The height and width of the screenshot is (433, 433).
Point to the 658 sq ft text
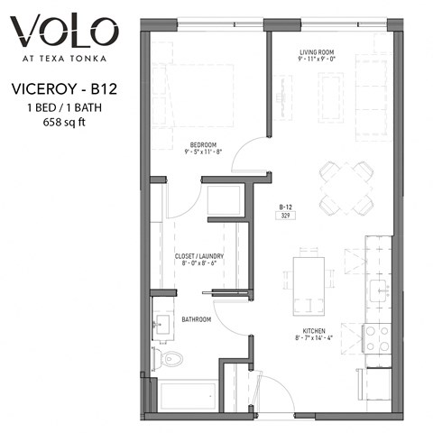[x=65, y=122]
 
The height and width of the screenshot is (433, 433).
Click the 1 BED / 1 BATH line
[x=65, y=106]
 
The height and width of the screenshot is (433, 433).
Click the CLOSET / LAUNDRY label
[x=198, y=256]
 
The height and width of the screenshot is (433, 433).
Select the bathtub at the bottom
[x=188, y=395]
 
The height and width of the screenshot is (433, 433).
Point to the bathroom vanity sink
[x=162, y=327]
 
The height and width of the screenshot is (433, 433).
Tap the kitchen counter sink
[x=379, y=290]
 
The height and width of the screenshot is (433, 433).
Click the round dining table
[x=346, y=188]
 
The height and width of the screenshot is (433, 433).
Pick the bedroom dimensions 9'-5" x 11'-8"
[x=203, y=153]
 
